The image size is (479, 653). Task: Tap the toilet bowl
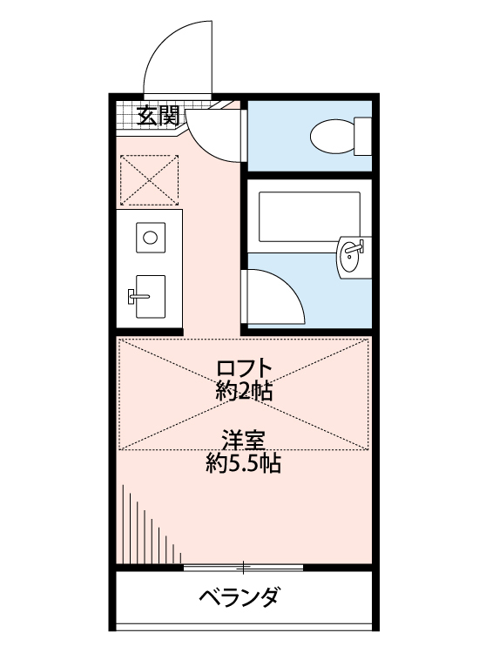(327, 135)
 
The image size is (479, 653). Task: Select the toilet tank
(362, 135)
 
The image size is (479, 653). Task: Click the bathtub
(309, 216)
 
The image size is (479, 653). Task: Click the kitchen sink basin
(149, 296)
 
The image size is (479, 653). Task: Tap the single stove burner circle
(151, 236)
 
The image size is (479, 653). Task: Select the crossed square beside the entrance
(149, 178)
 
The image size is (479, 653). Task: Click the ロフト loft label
(245, 368)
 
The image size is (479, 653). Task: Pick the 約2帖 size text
(245, 391)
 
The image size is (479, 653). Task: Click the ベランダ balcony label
(239, 598)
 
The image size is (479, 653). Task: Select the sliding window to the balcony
(243, 568)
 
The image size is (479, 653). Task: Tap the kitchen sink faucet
(136, 296)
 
